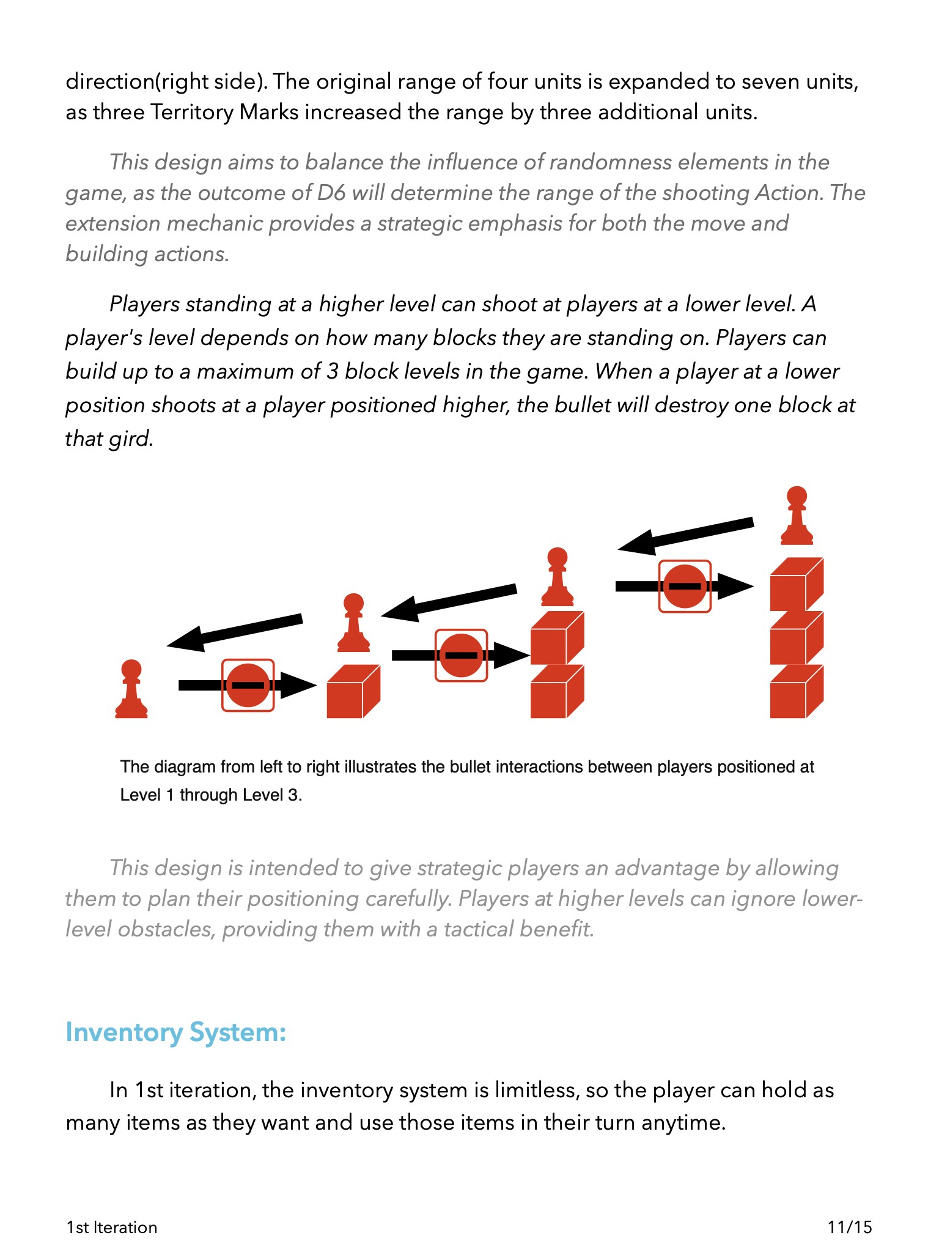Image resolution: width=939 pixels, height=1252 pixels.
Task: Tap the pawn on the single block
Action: [353, 623]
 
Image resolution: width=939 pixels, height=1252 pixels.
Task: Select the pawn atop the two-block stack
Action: [558, 577]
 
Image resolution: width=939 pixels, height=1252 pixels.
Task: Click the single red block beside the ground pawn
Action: [353, 692]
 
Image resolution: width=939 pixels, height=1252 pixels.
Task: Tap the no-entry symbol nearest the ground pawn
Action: [248, 685]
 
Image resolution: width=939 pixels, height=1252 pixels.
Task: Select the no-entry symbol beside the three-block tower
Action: [685, 586]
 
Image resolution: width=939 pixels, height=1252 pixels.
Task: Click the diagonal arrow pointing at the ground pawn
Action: [235, 631]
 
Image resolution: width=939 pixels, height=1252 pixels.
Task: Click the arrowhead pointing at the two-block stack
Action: [511, 655]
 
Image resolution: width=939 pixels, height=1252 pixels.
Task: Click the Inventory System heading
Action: [176, 1032]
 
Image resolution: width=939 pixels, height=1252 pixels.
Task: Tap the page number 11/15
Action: [850, 1227]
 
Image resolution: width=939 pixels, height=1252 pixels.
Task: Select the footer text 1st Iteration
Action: [112, 1227]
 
